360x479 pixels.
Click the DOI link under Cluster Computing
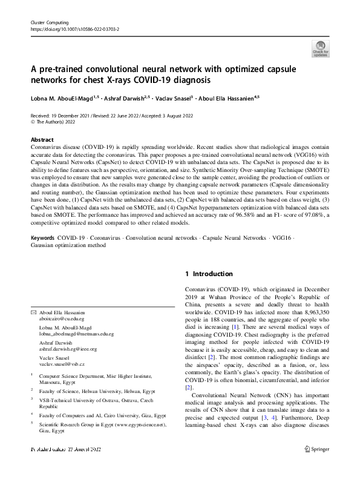coord(74,28)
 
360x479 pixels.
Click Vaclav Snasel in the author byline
coord(174,97)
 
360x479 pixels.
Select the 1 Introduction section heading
coord(209,274)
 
